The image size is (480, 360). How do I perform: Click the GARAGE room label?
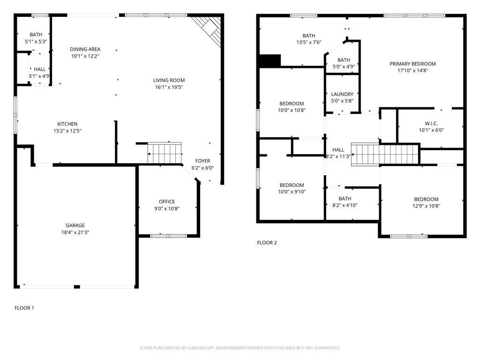pos(75,225)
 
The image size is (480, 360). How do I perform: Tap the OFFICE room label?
pos(167,202)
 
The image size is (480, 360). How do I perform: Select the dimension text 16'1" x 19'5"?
pos(169,87)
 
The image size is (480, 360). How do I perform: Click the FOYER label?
pos(202,161)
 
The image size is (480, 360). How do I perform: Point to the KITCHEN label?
pos(67,124)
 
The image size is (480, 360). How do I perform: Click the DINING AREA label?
pos(85,49)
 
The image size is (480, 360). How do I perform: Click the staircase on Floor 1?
pos(165,153)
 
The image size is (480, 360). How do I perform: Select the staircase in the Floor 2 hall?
pos(384,154)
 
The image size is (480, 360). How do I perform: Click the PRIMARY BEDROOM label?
pos(412,64)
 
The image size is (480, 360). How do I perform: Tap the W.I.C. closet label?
pos(431,124)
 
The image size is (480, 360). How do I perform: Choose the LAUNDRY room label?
pos(342,94)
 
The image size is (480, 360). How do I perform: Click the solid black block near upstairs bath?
pos(270,61)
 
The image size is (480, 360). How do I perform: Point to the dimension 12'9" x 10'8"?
pos(426,206)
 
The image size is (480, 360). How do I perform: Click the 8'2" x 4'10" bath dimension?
pos(345,205)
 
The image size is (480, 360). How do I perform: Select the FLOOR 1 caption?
pos(24,308)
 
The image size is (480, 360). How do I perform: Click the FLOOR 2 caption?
pos(267,243)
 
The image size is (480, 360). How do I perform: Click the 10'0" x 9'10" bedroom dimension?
pos(292,192)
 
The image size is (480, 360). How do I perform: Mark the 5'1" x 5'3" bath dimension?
pos(36,42)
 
